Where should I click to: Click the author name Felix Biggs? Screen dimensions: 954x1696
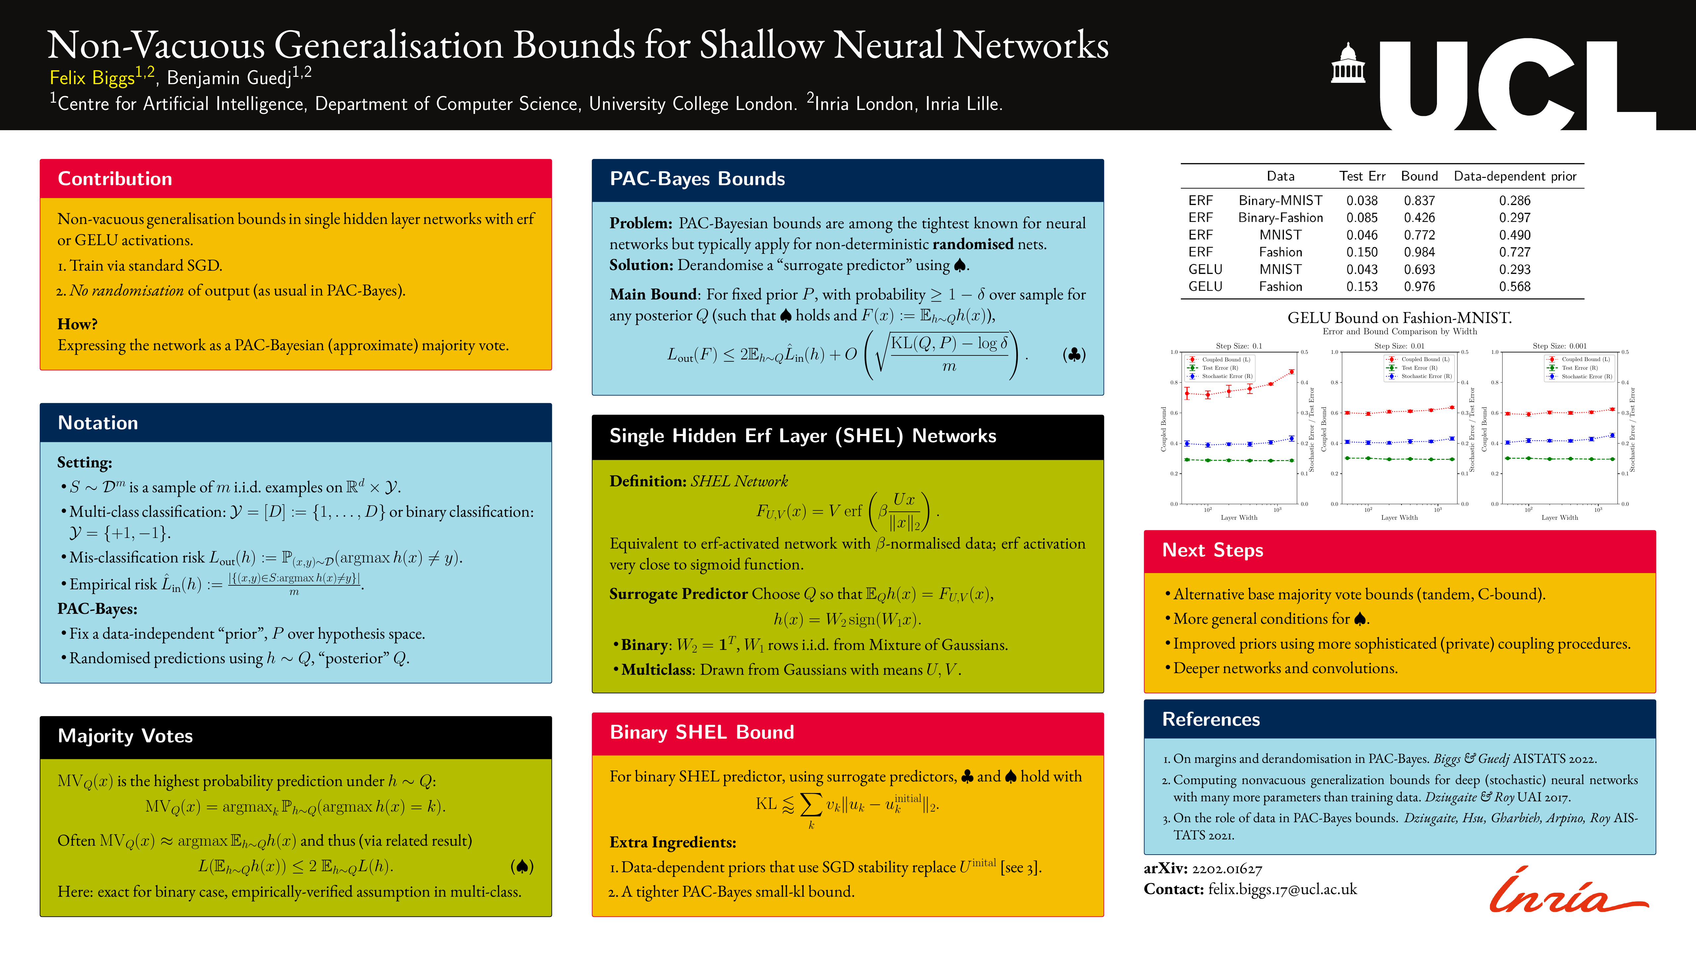(x=92, y=79)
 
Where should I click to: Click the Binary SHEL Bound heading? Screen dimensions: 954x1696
(x=702, y=732)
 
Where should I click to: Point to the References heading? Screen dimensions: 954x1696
(x=1211, y=719)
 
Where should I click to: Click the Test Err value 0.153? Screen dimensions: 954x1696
(x=1361, y=287)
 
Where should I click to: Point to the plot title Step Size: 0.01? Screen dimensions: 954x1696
(x=1399, y=345)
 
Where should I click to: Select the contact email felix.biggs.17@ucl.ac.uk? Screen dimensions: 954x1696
(x=1282, y=889)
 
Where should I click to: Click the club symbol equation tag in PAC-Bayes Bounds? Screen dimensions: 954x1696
(x=1074, y=355)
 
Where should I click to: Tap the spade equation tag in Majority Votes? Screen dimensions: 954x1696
(x=521, y=867)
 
